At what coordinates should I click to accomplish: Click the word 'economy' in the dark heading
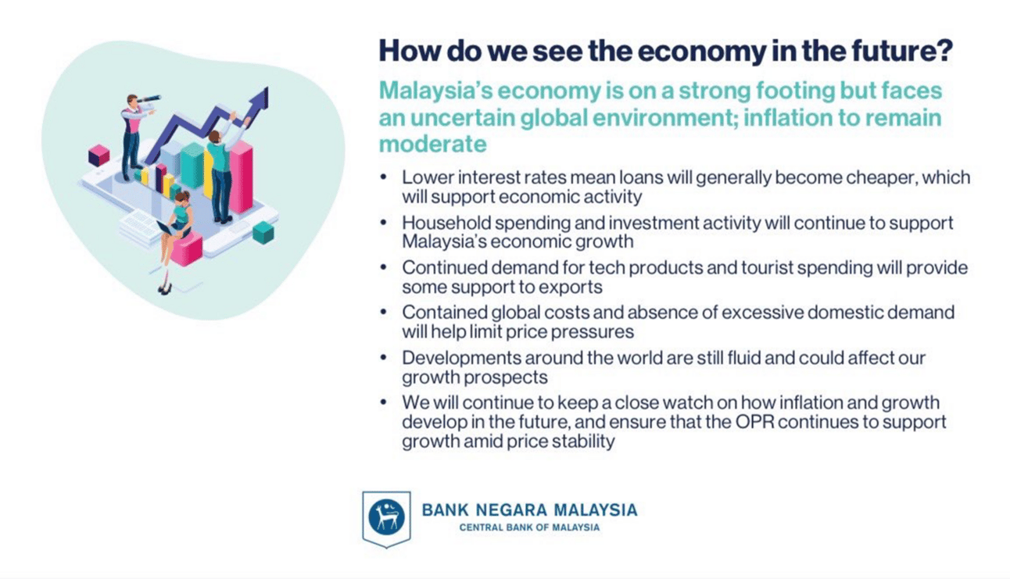click(701, 52)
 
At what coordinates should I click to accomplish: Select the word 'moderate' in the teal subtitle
click(432, 145)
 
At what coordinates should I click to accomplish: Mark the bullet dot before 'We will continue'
click(384, 402)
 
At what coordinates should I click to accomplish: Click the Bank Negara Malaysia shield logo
click(386, 519)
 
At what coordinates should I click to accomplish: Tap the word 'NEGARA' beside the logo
click(511, 510)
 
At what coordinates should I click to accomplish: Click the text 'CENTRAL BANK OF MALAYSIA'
click(529, 527)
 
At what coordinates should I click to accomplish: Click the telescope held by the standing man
click(148, 99)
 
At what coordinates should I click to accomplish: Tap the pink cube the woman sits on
click(187, 249)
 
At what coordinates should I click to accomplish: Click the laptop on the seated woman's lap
click(168, 228)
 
